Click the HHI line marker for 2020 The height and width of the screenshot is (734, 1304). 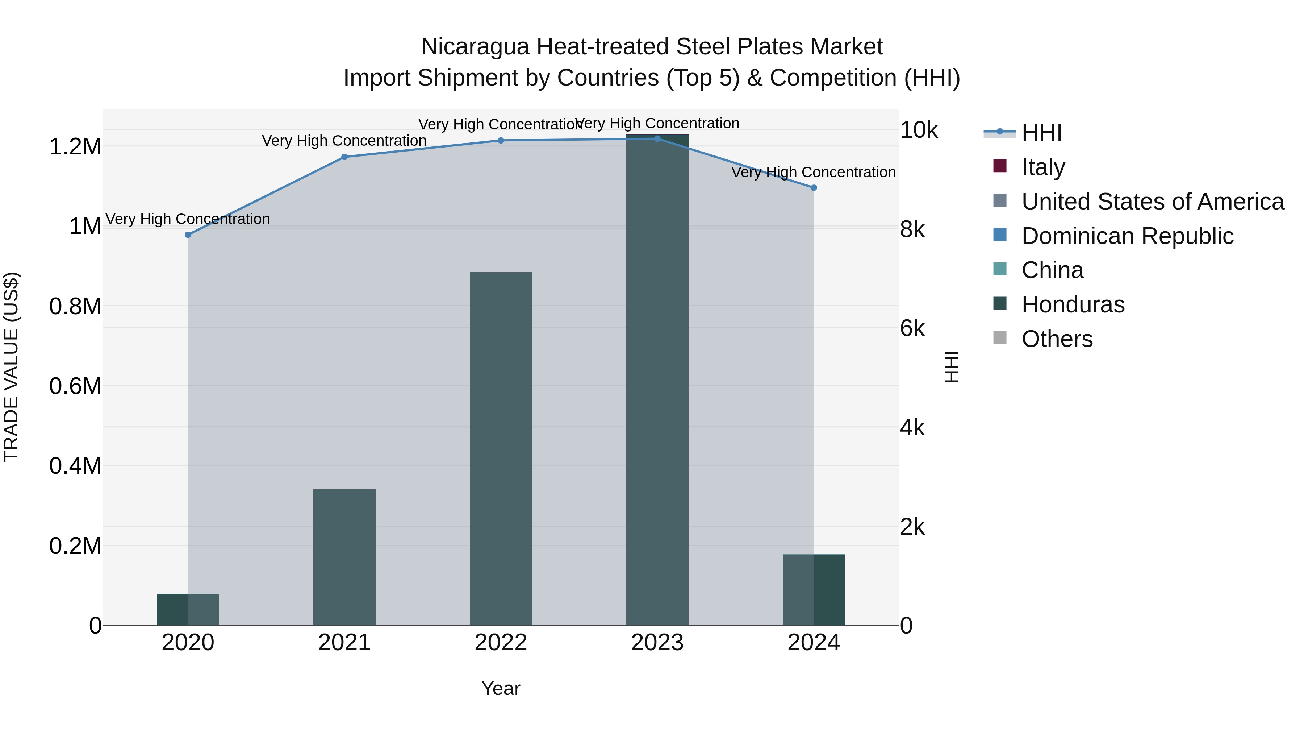coord(188,235)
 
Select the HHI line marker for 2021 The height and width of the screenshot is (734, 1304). coord(344,157)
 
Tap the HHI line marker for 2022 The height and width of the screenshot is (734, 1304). coord(501,140)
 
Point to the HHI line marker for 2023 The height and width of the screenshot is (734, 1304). coord(657,138)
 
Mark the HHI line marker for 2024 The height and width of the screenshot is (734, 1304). coord(814,188)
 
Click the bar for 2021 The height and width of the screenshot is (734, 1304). coord(344,557)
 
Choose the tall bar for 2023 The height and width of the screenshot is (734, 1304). coord(657,380)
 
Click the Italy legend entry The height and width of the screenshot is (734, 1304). coord(1043,167)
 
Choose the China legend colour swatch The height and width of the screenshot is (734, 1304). coord(1000,269)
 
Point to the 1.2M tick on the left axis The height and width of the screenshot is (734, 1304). coord(75,147)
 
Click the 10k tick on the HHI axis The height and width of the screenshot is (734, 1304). coord(919,130)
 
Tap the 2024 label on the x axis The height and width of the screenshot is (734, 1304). coord(814,643)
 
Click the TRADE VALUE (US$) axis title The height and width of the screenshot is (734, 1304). coord(11,367)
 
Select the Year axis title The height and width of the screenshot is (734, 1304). coord(501,688)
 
